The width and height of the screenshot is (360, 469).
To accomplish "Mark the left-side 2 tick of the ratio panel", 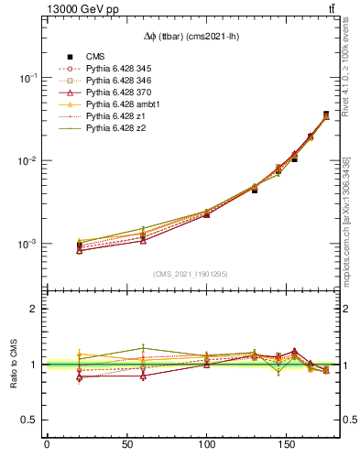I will coord(36,309).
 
